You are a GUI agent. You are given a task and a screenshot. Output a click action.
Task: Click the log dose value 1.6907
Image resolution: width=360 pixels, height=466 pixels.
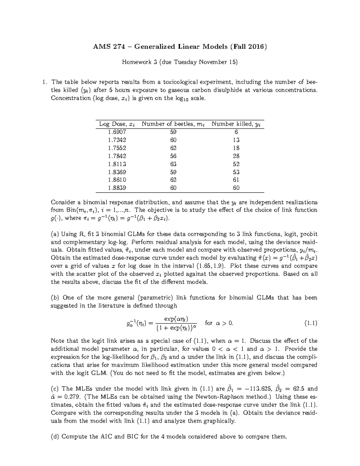pyautogui.click(x=117, y=132)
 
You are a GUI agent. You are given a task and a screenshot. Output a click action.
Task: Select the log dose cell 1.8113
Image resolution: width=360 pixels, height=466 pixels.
pyautogui.click(x=117, y=164)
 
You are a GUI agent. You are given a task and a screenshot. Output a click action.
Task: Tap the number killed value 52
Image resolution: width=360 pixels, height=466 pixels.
pyautogui.click(x=236, y=164)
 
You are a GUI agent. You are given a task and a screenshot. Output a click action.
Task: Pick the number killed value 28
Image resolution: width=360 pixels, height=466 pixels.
pyautogui.click(x=236, y=156)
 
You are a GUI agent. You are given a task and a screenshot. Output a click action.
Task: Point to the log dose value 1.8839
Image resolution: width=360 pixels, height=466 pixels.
pyautogui.click(x=117, y=188)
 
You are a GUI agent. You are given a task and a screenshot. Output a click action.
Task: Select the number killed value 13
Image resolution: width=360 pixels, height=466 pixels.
pyautogui.click(x=236, y=140)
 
